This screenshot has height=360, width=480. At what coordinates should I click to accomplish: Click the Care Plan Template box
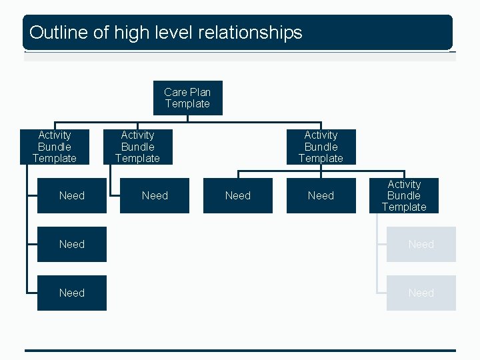click(x=187, y=98)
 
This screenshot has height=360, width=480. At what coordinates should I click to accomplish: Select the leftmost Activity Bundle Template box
click(x=55, y=147)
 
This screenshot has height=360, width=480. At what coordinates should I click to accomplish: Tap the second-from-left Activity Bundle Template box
click(x=137, y=147)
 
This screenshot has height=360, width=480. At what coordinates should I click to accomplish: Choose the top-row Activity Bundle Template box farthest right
click(x=321, y=147)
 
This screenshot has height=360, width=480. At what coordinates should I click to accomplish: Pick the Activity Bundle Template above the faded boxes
click(x=404, y=196)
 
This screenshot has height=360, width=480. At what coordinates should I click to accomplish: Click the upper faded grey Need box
click(x=421, y=244)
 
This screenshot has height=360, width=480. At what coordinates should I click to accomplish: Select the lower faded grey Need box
click(x=421, y=293)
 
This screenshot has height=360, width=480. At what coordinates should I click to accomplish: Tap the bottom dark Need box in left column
click(x=71, y=293)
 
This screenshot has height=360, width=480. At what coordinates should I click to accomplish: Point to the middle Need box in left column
click(x=71, y=244)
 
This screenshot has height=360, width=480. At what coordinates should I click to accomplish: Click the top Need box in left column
click(x=71, y=195)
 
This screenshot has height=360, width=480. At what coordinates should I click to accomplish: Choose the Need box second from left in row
click(x=155, y=195)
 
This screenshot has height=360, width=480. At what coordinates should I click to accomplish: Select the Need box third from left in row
click(x=238, y=195)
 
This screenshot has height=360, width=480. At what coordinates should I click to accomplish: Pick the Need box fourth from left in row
click(x=321, y=195)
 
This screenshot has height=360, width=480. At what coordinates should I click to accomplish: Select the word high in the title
click(x=130, y=32)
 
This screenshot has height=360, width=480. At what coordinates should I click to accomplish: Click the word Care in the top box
click(x=175, y=92)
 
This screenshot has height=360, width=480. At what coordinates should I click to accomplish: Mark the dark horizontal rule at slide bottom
click(x=240, y=350)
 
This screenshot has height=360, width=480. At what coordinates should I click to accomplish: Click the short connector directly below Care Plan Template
click(x=188, y=119)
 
